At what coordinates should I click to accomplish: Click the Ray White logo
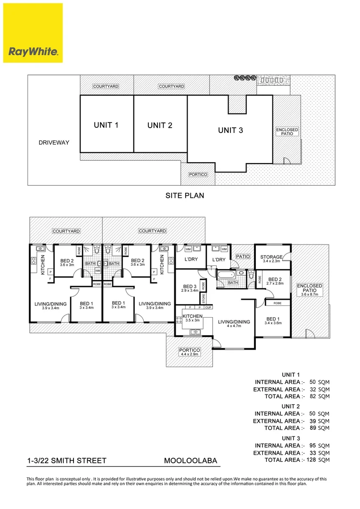click(33, 33)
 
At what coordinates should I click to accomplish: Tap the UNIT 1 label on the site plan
click(106, 125)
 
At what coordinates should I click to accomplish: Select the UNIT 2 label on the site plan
click(160, 125)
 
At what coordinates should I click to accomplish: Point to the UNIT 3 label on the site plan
click(230, 131)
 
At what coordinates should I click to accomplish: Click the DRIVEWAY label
click(54, 142)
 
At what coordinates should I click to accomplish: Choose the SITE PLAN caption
click(184, 195)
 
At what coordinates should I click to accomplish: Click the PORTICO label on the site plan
click(198, 174)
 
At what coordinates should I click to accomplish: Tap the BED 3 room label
click(190, 287)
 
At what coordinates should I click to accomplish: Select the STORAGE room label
click(271, 257)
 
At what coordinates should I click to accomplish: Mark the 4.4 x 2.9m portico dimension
click(189, 355)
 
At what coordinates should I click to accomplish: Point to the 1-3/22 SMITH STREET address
click(66, 460)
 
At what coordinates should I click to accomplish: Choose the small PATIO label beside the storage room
click(243, 256)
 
